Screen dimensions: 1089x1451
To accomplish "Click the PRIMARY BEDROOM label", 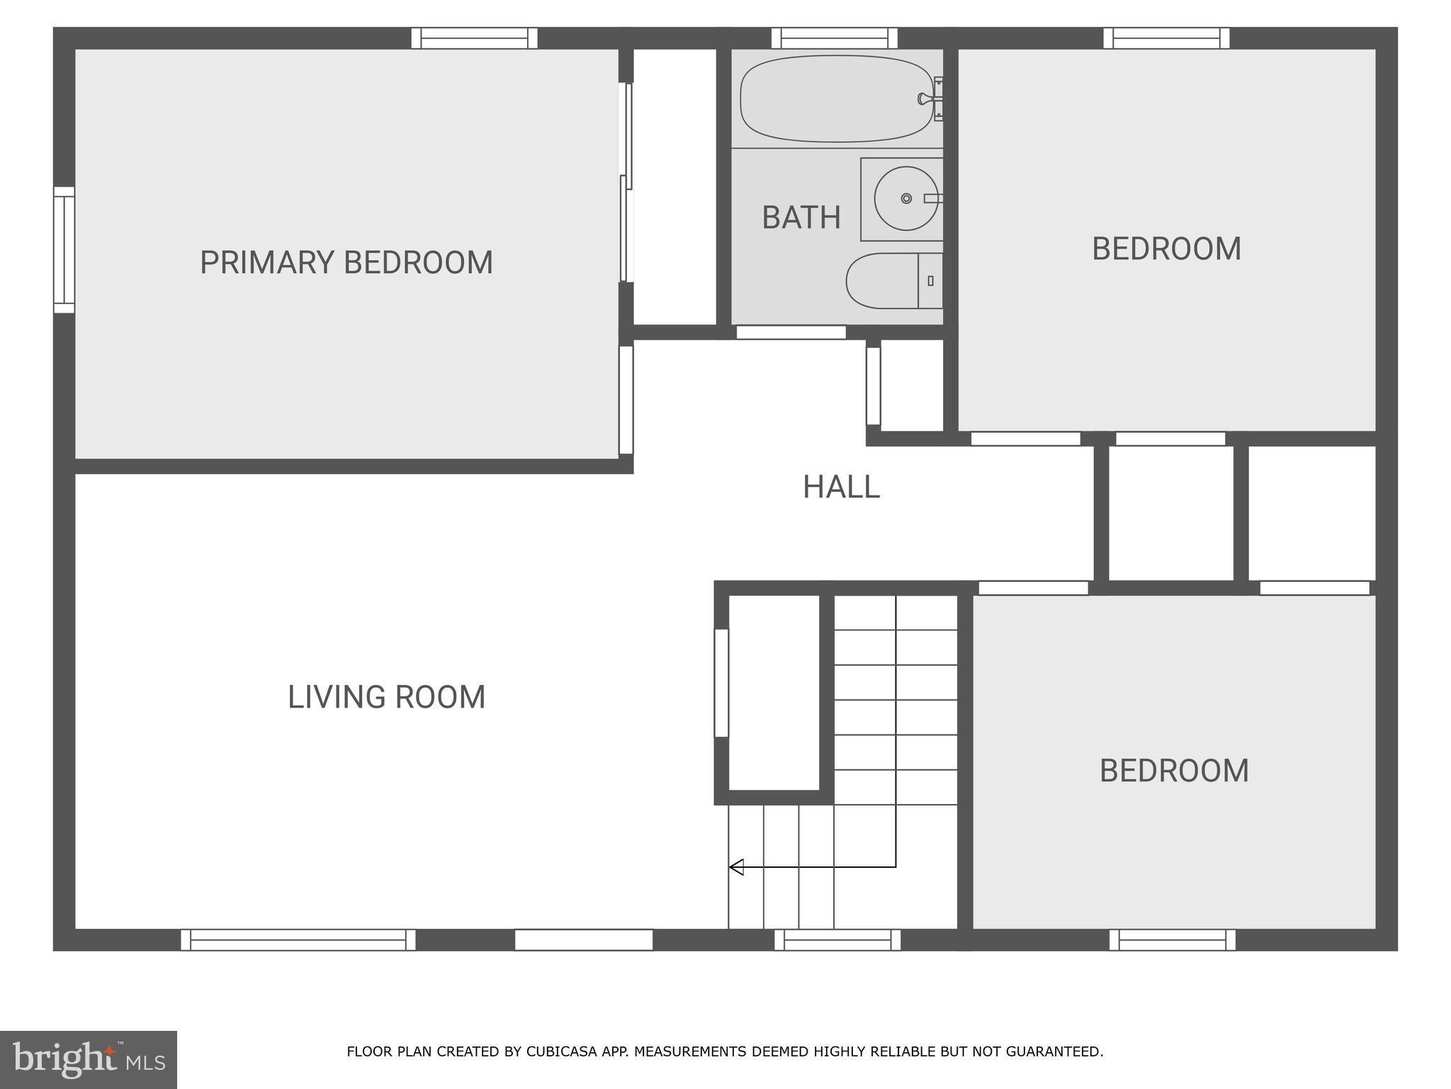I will pos(346,262).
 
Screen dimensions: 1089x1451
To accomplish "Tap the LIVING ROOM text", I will pos(386,697).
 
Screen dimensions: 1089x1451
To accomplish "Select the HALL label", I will pos(841,487).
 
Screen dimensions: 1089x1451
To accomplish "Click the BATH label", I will pos(801,218).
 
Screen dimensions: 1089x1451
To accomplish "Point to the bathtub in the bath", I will pos(829,99).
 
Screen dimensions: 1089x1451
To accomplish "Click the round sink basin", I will pos(905,199).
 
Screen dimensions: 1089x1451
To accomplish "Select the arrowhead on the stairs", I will pos(736,866).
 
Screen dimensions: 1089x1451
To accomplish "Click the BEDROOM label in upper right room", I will pos(1166,249).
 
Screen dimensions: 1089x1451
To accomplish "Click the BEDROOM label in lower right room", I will pos(1174,771).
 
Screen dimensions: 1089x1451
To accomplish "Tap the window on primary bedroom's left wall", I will pos(64,250).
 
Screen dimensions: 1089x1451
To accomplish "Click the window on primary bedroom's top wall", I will pos(474,38).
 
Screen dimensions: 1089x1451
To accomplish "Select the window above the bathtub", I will pos(834,38).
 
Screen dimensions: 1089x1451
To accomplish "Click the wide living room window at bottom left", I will pos(298,940).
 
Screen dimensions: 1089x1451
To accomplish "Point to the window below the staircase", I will pos(837,940).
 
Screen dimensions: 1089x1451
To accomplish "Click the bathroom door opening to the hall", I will pos(791,332).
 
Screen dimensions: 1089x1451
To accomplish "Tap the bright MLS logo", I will pos(88,1059).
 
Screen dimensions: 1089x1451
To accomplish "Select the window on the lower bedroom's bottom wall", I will pos(1172,940).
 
